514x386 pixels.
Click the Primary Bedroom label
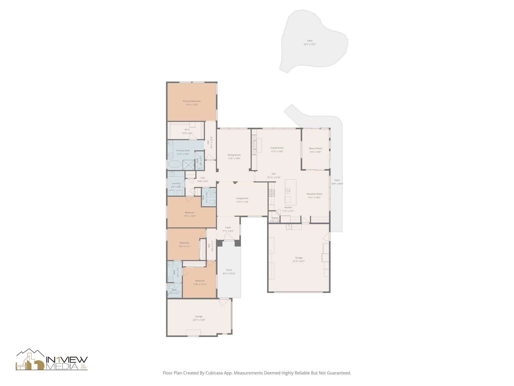coord(191,101)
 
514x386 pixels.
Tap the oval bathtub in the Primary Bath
coord(174,165)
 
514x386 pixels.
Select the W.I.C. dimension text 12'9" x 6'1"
coord(187,133)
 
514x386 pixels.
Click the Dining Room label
coord(234,155)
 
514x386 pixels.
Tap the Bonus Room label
coord(315,149)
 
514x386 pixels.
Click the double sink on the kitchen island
coord(288,191)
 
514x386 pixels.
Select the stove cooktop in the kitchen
coord(272,193)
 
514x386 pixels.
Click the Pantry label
coord(275,218)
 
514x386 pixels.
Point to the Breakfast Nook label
coord(314,194)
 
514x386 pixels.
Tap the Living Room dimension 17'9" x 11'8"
coord(242,202)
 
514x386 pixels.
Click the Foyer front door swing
coord(228,236)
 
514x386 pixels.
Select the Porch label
coord(229,270)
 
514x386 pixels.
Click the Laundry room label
coord(176,183)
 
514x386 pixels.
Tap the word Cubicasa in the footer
coord(215,373)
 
